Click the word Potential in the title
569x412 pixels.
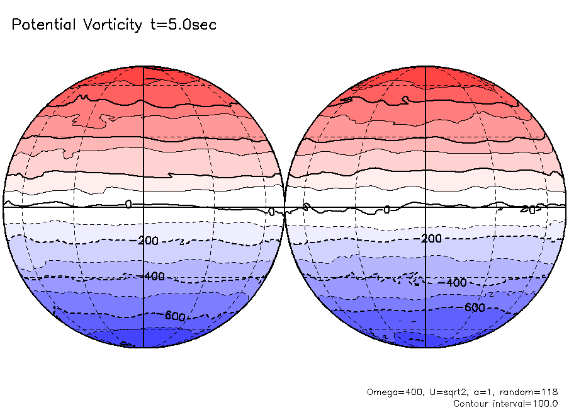[x=43, y=25]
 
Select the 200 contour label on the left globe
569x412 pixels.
[x=150, y=240]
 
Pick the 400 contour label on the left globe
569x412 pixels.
[x=154, y=276]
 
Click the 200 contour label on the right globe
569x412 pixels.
[x=431, y=239]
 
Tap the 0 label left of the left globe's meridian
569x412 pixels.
[x=128, y=204]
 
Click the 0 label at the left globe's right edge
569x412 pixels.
[x=271, y=212]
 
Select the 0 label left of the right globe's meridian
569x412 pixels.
[x=387, y=209]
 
